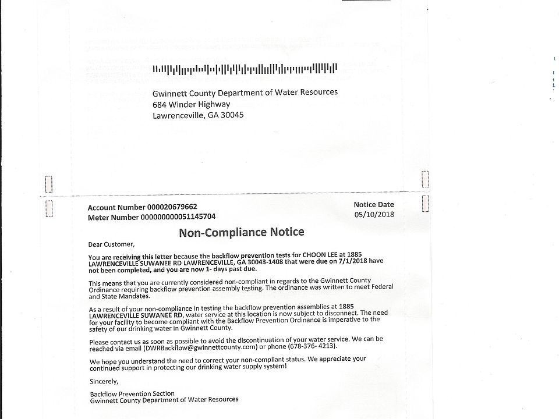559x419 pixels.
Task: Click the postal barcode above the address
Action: click(245, 69)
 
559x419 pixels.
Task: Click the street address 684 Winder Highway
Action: click(191, 104)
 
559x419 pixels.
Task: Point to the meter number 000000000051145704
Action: click(178, 216)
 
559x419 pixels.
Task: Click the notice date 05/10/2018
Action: click(374, 214)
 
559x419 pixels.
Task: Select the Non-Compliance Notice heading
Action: click(241, 232)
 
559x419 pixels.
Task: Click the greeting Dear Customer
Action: click(111, 244)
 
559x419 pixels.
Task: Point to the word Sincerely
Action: click(104, 381)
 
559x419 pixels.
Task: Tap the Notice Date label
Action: click(374, 204)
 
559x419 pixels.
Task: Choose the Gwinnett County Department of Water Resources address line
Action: click(245, 93)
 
